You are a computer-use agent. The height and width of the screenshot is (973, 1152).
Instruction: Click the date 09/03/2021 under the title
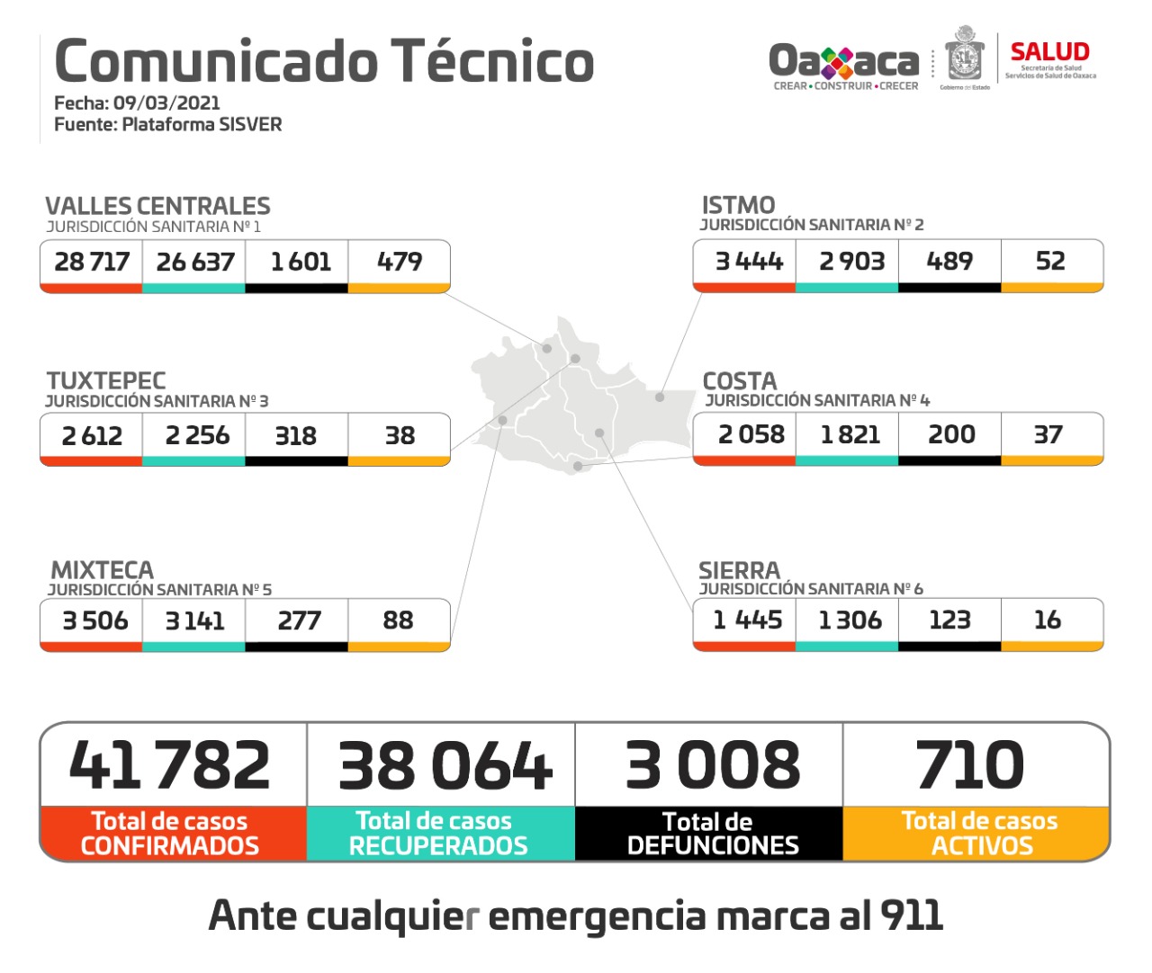point(166,103)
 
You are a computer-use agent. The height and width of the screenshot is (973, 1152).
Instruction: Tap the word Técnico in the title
point(492,61)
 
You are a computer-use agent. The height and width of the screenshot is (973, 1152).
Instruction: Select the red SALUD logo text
point(1049,52)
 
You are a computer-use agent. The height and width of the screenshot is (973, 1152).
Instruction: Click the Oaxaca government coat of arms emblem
point(964,56)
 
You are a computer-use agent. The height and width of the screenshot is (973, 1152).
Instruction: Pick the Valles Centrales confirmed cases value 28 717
point(92,262)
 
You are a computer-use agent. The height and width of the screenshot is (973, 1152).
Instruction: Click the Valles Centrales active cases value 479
point(400,262)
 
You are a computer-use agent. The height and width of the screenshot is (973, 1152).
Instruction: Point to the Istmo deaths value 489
point(949,261)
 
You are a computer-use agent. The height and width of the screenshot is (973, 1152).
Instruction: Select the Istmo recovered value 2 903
point(851,261)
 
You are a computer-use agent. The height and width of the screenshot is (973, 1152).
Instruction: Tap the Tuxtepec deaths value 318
point(295,435)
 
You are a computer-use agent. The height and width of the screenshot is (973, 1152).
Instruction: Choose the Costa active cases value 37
point(1048,434)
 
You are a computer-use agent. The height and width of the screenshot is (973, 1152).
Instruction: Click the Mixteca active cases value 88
point(398,620)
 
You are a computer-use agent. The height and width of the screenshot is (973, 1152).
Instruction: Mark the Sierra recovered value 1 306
point(850,620)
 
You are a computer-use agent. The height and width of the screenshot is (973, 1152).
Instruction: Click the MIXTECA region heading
point(102,570)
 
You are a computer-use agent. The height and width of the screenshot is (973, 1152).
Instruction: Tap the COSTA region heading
point(739,381)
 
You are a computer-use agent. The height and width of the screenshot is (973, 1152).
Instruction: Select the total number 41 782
point(170,765)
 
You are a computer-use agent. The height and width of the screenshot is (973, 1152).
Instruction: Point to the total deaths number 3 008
point(712,765)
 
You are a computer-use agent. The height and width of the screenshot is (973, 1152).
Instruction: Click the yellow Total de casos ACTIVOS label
point(979,834)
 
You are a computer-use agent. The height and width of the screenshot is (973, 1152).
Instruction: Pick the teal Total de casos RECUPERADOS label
point(438,834)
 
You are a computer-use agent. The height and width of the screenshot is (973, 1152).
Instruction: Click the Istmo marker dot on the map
point(660,397)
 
